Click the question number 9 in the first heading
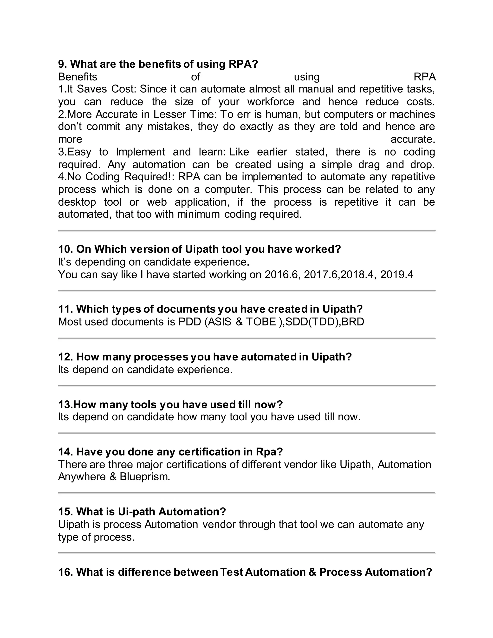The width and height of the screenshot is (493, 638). pyautogui.click(x=61, y=64)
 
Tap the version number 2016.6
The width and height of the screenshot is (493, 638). pyautogui.click(x=282, y=275)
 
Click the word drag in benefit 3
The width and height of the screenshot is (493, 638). pyautogui.click(x=369, y=164)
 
